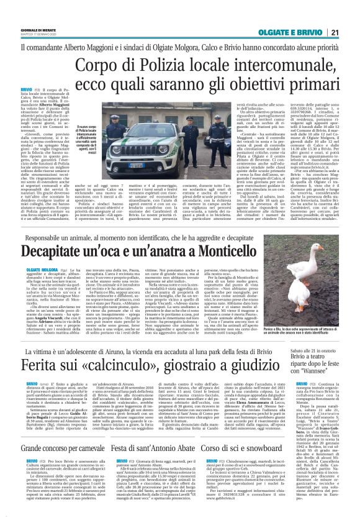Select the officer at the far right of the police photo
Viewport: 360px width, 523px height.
(x=195, y=133)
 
